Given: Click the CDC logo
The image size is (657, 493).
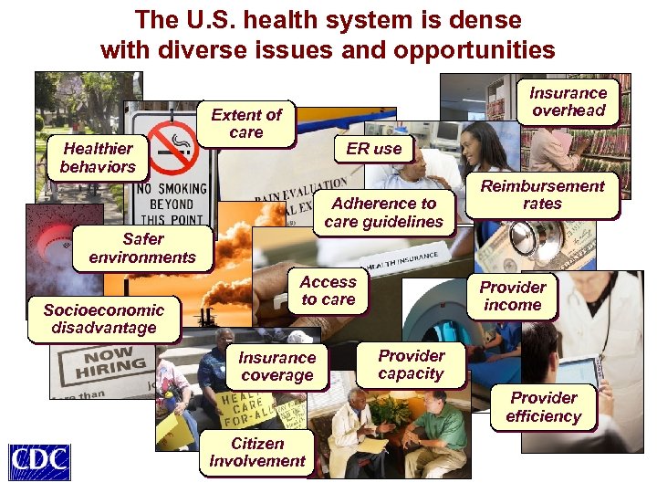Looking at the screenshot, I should tap(38, 462).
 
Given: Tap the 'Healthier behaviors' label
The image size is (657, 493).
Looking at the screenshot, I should tap(98, 158).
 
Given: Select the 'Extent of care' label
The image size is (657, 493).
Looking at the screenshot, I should tap(246, 123).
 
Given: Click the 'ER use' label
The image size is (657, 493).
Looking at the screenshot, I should tap(373, 148).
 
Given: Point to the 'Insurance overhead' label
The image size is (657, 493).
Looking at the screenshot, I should tap(568, 101).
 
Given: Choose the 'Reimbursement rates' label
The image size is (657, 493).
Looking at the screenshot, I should tap(542, 194).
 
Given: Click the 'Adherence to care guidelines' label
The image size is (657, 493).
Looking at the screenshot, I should tap(383, 213).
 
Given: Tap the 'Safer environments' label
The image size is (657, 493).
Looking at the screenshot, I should tap(142, 248).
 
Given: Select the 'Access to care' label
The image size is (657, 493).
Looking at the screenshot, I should tap(328, 291).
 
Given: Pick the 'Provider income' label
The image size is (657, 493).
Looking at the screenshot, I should tap(513, 296).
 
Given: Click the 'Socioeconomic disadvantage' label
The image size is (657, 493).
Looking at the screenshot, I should tap(103, 319).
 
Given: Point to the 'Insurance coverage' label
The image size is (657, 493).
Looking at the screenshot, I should tap(276, 367).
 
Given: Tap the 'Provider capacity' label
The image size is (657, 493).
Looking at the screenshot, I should tap(411, 364).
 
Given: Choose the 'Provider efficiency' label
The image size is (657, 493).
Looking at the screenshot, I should tap(543, 407).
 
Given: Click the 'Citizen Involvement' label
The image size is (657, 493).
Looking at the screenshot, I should tap(256, 452).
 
